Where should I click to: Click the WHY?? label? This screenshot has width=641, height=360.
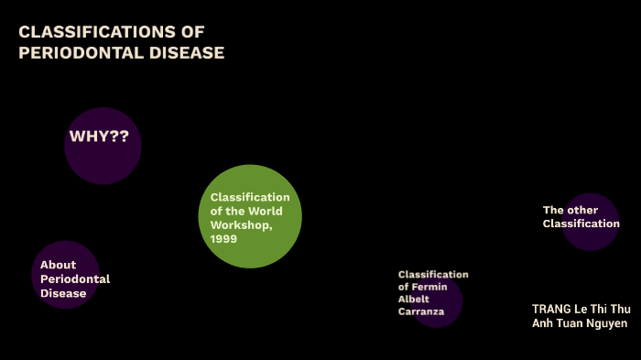(x=99, y=137)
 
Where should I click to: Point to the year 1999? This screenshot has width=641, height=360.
(x=223, y=239)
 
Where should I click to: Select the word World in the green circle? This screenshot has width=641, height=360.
(x=263, y=212)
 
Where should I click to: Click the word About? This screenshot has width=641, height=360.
(x=59, y=265)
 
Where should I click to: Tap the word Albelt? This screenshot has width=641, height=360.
(x=414, y=300)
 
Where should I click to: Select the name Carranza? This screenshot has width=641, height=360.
(x=421, y=311)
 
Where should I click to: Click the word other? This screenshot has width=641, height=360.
(x=582, y=210)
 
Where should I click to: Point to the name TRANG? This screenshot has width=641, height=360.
(x=552, y=309)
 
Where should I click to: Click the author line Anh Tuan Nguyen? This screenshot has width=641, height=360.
(x=580, y=323)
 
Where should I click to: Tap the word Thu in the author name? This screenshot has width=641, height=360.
(x=621, y=309)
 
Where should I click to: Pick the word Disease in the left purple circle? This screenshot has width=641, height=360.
(x=63, y=294)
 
